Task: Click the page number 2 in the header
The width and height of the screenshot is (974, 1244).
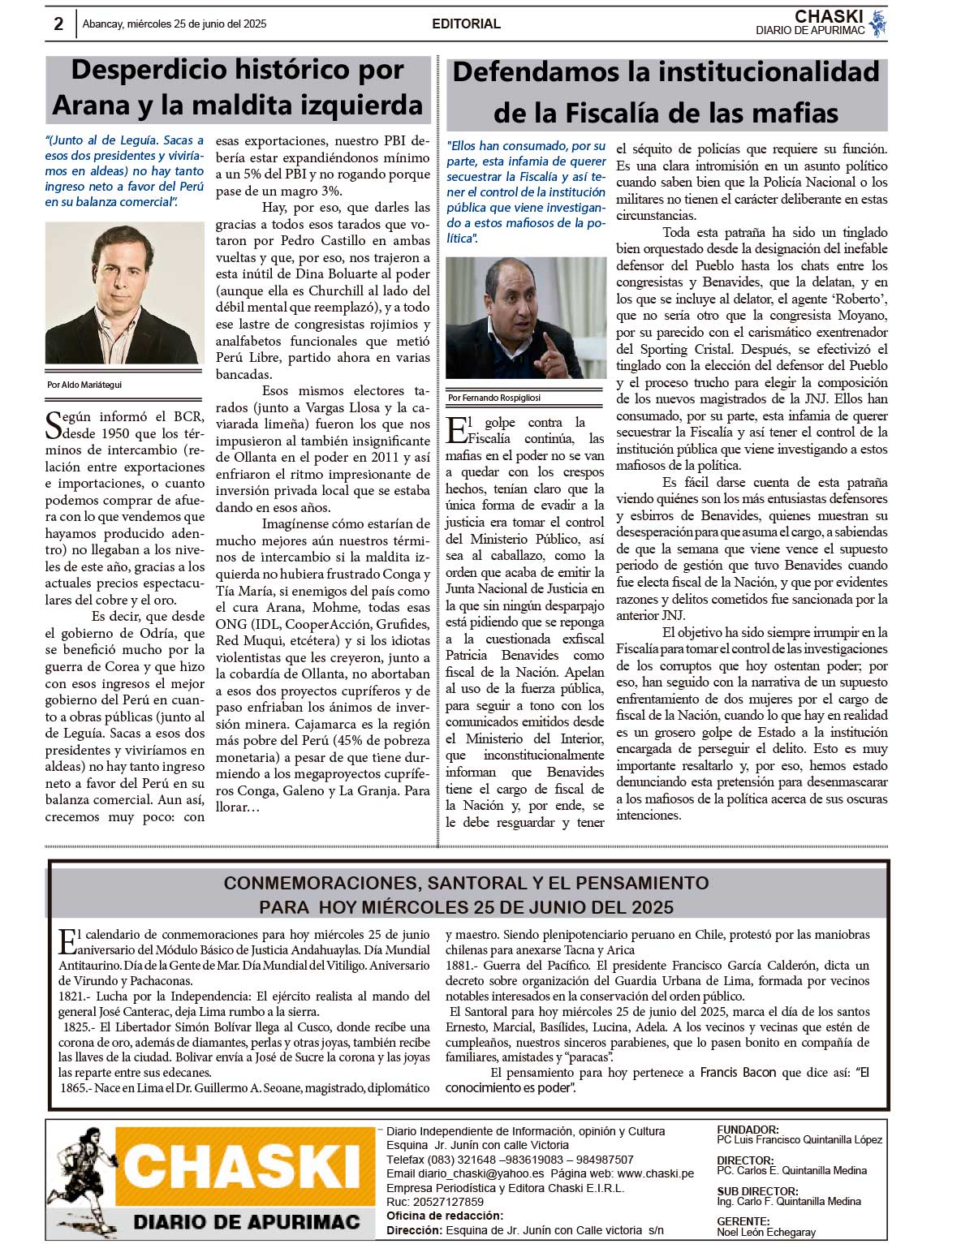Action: coord(58,24)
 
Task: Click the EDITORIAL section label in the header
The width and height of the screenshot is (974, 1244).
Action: coord(466,24)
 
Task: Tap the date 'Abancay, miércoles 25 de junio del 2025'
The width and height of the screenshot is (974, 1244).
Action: coord(175,24)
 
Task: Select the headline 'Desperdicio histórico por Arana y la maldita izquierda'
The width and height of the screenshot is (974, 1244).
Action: coord(238,88)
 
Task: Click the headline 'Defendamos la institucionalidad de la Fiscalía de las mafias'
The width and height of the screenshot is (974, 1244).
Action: coord(666,92)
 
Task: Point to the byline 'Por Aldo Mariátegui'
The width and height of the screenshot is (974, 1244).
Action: coord(84,385)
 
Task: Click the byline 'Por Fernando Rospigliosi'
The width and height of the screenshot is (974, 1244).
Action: coord(494,398)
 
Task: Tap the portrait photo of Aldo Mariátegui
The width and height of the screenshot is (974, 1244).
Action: coord(124,293)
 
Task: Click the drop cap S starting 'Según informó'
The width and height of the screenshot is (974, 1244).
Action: coord(54,425)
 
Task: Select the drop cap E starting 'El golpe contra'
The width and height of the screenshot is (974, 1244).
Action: coord(455,429)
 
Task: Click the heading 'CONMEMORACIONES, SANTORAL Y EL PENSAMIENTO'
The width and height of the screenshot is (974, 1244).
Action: coord(466,883)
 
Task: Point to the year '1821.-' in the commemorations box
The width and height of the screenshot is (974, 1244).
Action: coord(75,996)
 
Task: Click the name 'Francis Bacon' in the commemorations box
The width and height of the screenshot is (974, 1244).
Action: coord(738,1072)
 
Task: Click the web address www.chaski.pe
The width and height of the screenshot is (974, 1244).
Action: coord(655,1173)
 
